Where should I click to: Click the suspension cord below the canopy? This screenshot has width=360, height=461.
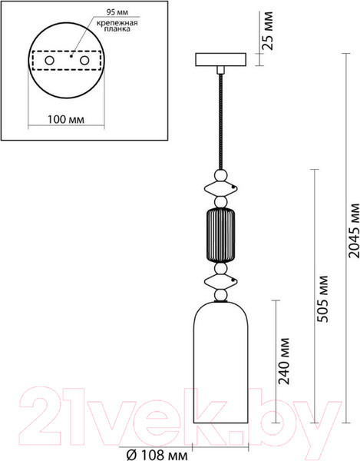click(x=221, y=115)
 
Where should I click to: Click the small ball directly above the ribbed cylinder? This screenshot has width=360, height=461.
click(x=221, y=203)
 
